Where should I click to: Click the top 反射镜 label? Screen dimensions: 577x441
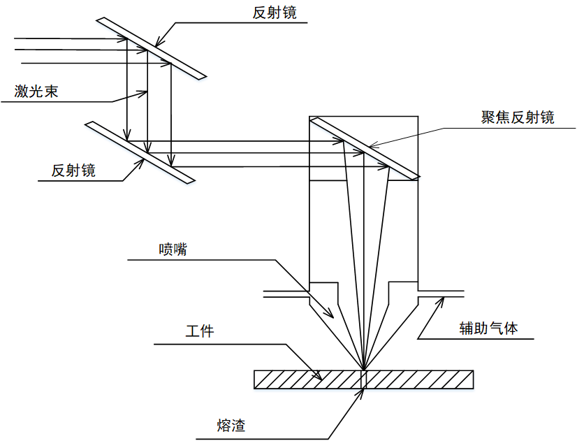[x=275, y=13]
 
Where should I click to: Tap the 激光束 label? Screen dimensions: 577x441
[x=36, y=91]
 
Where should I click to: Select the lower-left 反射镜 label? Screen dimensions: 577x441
[x=73, y=171]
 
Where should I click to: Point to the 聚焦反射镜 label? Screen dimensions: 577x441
[x=518, y=117]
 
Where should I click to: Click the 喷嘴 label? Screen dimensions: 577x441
[x=173, y=250]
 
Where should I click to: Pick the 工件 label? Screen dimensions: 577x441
[x=200, y=331]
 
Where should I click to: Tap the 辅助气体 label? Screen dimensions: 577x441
[x=489, y=328]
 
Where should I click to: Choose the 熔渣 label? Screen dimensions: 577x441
[x=231, y=425]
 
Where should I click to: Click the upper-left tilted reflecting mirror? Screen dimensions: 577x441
[x=152, y=48]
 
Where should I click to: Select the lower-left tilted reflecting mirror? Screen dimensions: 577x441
[x=140, y=152]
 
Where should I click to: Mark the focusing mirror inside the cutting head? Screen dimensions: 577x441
[x=365, y=148]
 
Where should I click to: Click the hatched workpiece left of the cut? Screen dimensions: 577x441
[x=307, y=379]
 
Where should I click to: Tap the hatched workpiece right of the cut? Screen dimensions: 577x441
[x=420, y=379]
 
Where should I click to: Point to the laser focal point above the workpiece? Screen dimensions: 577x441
[x=363, y=370]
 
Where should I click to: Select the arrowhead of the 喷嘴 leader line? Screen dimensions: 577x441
[x=330, y=314]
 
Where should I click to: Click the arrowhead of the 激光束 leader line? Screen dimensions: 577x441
[x=143, y=93]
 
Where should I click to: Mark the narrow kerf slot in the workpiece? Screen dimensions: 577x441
[x=363, y=379]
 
